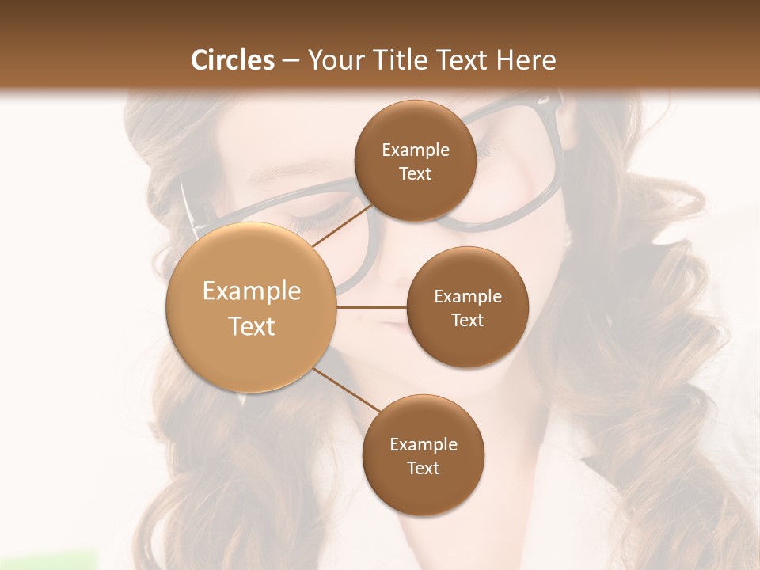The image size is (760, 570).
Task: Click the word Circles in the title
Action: [233, 60]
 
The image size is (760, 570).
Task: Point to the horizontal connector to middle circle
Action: [371, 306]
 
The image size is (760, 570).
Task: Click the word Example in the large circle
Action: [252, 291]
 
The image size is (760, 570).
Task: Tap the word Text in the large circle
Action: [252, 326]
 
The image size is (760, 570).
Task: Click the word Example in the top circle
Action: [416, 150]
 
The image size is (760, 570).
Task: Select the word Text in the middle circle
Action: [467, 320]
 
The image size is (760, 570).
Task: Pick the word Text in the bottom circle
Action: [423, 468]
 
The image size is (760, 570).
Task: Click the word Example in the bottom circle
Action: [424, 445]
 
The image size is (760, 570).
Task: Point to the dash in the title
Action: [290, 61]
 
